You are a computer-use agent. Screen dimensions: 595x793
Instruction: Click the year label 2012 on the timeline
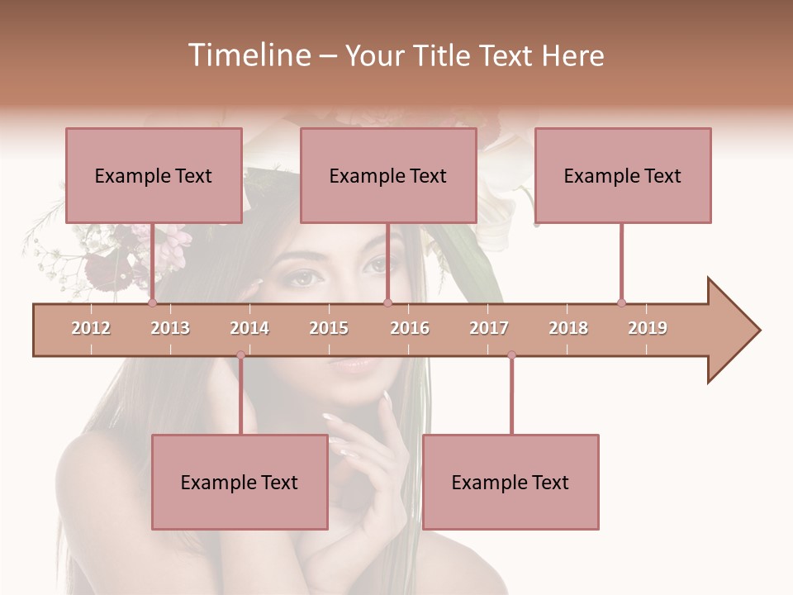point(91,328)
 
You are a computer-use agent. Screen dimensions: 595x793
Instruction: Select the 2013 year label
point(170,328)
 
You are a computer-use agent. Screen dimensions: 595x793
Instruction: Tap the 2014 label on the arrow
point(249,328)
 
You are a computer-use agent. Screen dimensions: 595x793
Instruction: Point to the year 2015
point(329,328)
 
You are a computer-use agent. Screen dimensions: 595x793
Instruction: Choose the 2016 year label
point(410,328)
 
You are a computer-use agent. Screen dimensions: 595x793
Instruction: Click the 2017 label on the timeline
point(489,328)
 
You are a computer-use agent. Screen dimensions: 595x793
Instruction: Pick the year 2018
point(568,328)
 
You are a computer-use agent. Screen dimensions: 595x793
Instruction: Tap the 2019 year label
point(648,328)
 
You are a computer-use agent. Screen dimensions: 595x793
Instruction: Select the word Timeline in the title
point(248,55)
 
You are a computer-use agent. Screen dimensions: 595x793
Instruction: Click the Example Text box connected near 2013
point(154,176)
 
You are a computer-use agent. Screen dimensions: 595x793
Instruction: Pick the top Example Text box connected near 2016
point(388,176)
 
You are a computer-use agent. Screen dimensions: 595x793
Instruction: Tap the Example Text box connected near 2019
point(623,176)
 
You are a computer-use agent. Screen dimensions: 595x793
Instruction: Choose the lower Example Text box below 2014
point(240,483)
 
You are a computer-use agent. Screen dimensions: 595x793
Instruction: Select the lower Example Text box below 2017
point(510,483)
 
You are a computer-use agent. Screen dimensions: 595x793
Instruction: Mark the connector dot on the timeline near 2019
point(621,302)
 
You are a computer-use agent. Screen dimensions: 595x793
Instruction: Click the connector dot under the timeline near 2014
point(240,355)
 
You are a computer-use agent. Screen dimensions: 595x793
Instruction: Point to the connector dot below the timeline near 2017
point(511,355)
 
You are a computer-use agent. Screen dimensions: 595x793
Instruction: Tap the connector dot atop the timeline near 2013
point(152,302)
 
